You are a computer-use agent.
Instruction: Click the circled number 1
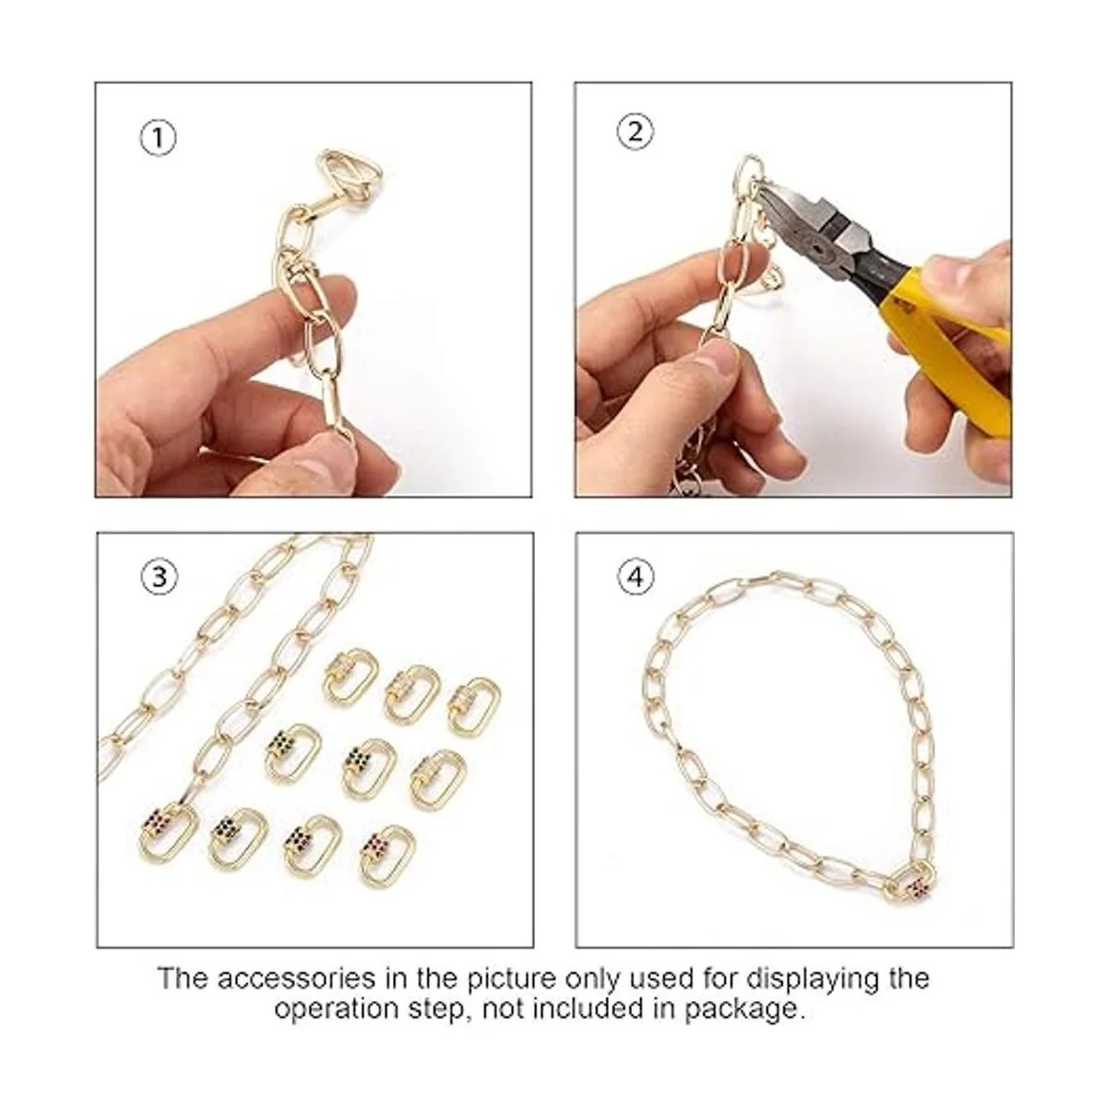pos(157,137)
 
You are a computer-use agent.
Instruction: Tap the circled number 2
pos(636,132)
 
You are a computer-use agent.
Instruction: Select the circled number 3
pos(159,577)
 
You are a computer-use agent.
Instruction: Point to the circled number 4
pos(637,577)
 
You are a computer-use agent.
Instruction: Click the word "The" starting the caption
pos(183,979)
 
